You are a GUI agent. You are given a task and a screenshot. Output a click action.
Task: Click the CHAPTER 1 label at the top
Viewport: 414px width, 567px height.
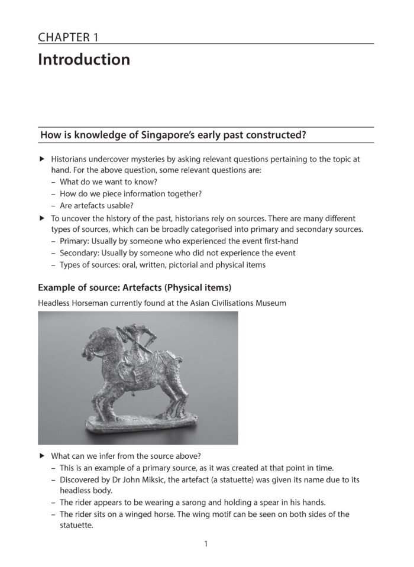68,38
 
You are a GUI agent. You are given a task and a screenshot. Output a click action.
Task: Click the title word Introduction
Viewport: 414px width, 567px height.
83,60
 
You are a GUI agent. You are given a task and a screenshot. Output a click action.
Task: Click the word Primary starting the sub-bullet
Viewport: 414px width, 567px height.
73,241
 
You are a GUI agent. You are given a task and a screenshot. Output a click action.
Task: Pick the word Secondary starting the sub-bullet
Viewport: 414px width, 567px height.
78,252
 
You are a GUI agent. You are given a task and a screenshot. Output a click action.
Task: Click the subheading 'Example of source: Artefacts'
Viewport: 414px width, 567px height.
134,288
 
